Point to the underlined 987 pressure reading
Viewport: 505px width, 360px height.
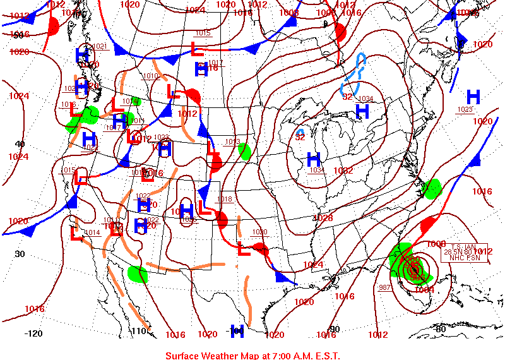tap(384, 287)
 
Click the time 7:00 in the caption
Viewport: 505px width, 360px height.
tap(275, 356)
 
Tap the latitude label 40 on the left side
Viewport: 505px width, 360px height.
tap(20, 144)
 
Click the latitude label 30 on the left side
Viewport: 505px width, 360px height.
tap(20, 254)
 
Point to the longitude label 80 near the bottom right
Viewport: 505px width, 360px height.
tap(441, 329)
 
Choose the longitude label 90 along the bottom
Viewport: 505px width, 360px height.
tap(334, 329)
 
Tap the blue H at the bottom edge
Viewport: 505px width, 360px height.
tap(237, 330)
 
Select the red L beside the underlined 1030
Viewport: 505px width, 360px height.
tap(244, 249)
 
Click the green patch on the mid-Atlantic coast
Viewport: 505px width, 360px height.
tap(432, 188)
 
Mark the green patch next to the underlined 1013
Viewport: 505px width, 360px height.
tap(244, 152)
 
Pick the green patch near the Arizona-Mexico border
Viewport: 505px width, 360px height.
tap(138, 273)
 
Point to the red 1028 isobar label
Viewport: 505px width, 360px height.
tap(323, 218)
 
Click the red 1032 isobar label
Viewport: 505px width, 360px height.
tap(343, 171)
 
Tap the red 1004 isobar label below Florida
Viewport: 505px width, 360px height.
tap(424, 289)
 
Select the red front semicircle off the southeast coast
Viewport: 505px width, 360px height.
tap(428, 224)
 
